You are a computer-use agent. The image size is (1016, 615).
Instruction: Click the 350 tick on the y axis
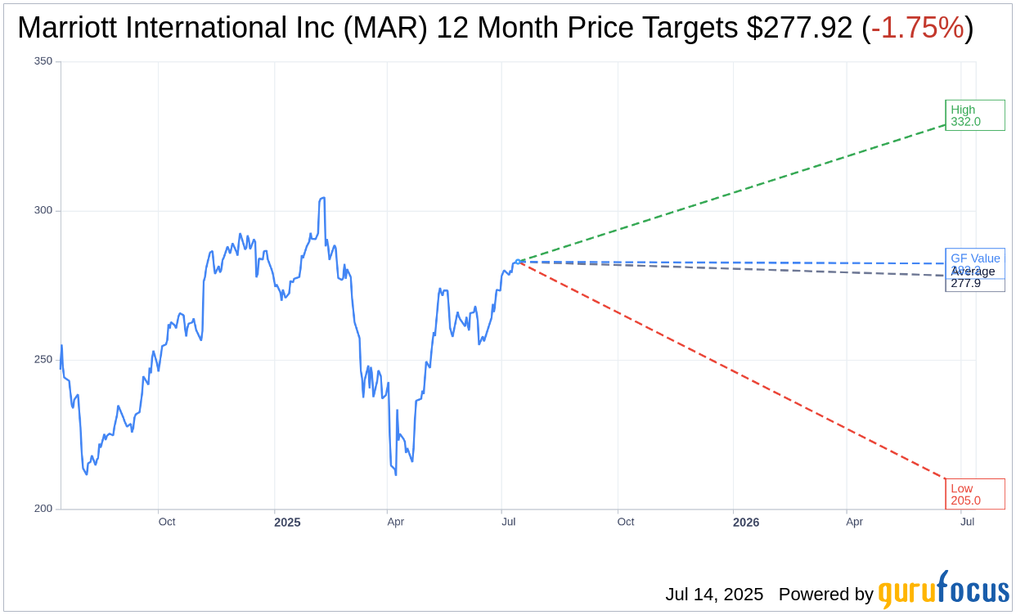tap(43, 61)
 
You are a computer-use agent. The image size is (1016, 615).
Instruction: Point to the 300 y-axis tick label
tap(43, 210)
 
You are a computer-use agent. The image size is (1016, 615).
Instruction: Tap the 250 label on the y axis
tap(43, 360)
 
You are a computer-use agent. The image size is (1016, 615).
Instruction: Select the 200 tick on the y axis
tap(43, 509)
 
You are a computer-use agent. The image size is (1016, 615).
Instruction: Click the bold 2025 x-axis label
tap(287, 522)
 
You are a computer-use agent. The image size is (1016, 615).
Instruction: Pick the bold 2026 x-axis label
tap(745, 522)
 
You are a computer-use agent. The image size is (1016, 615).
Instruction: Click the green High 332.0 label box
tap(974, 115)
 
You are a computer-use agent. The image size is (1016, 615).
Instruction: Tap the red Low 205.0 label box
tap(974, 494)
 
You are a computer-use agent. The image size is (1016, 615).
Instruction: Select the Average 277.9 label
tap(973, 278)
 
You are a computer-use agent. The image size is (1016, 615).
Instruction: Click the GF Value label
tap(975, 258)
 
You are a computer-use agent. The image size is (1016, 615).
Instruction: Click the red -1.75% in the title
tap(917, 28)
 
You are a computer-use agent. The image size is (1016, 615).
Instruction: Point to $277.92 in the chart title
tap(799, 28)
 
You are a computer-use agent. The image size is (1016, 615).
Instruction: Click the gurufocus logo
tap(943, 590)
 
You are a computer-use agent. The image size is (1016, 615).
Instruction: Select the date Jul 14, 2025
tap(714, 595)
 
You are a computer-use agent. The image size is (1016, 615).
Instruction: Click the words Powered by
tap(825, 595)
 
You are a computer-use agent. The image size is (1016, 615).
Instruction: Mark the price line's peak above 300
tap(322, 198)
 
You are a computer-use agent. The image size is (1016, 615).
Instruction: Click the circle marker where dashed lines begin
tap(517, 262)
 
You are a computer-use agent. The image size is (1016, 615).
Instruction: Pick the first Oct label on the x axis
tap(167, 522)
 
